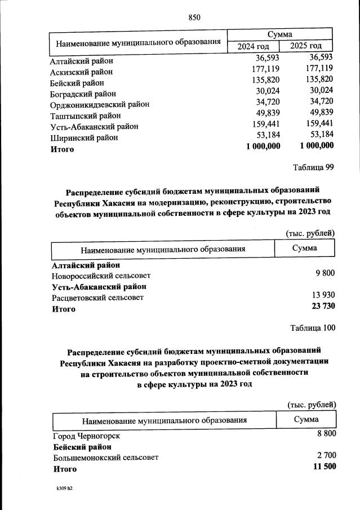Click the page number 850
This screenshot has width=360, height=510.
[x=194, y=17]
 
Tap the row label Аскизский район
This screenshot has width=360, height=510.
[x=82, y=72]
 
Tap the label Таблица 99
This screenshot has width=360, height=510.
[x=314, y=167]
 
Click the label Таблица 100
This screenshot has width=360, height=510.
[x=312, y=328]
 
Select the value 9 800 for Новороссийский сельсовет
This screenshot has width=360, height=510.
[x=324, y=273]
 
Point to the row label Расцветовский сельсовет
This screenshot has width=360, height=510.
[x=97, y=298]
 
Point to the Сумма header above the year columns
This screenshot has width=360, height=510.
[x=280, y=34]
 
